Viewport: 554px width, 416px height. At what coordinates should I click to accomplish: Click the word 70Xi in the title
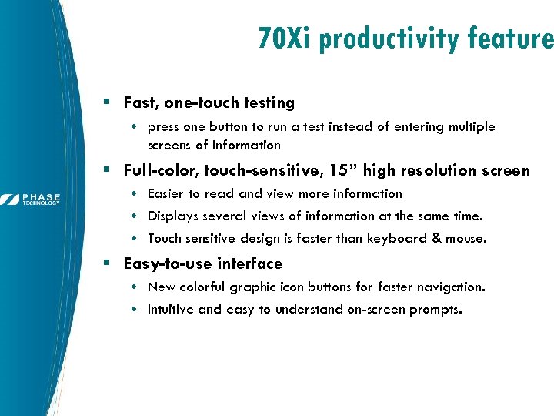[x=285, y=37]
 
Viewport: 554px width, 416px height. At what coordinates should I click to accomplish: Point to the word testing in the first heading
[x=269, y=102]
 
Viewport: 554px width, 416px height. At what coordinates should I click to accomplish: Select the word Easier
[x=167, y=193]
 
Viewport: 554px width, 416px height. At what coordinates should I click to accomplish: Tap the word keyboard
[x=397, y=238]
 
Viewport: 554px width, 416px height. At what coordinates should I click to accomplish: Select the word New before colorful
[x=162, y=287]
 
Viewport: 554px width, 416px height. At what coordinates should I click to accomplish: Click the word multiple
[x=469, y=126]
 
